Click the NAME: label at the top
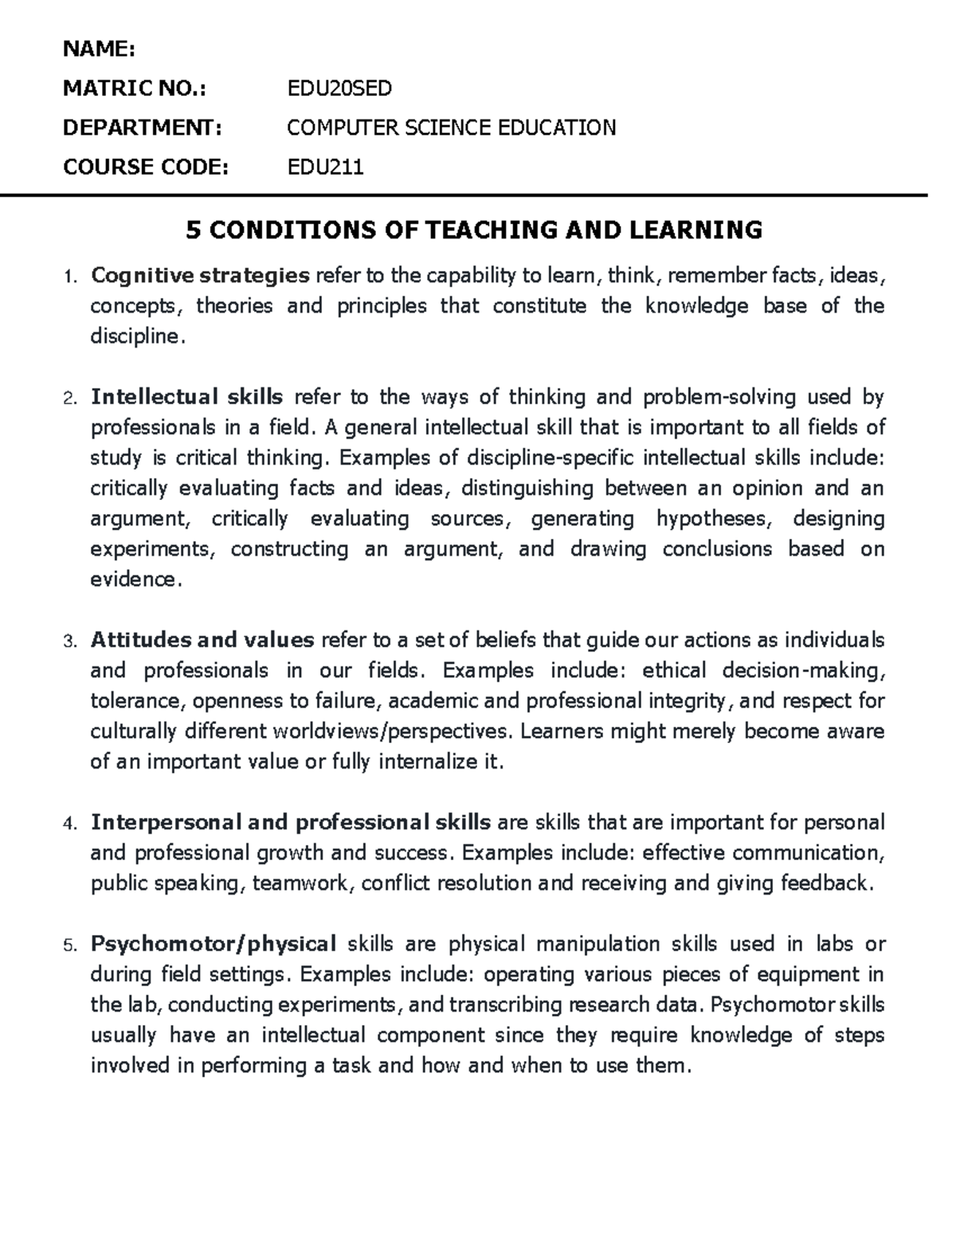point(100,49)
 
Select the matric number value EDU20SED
point(339,88)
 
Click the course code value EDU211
point(325,167)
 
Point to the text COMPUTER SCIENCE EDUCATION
point(451,128)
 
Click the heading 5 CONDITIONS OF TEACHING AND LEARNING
point(473,230)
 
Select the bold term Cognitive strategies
point(200,276)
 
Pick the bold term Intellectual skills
point(187,397)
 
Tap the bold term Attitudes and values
point(203,640)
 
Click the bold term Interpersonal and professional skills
point(290,822)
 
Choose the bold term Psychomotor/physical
point(214,944)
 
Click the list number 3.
point(69,642)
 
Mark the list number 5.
point(69,945)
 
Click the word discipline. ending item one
point(137,336)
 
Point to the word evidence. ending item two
point(136,580)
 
